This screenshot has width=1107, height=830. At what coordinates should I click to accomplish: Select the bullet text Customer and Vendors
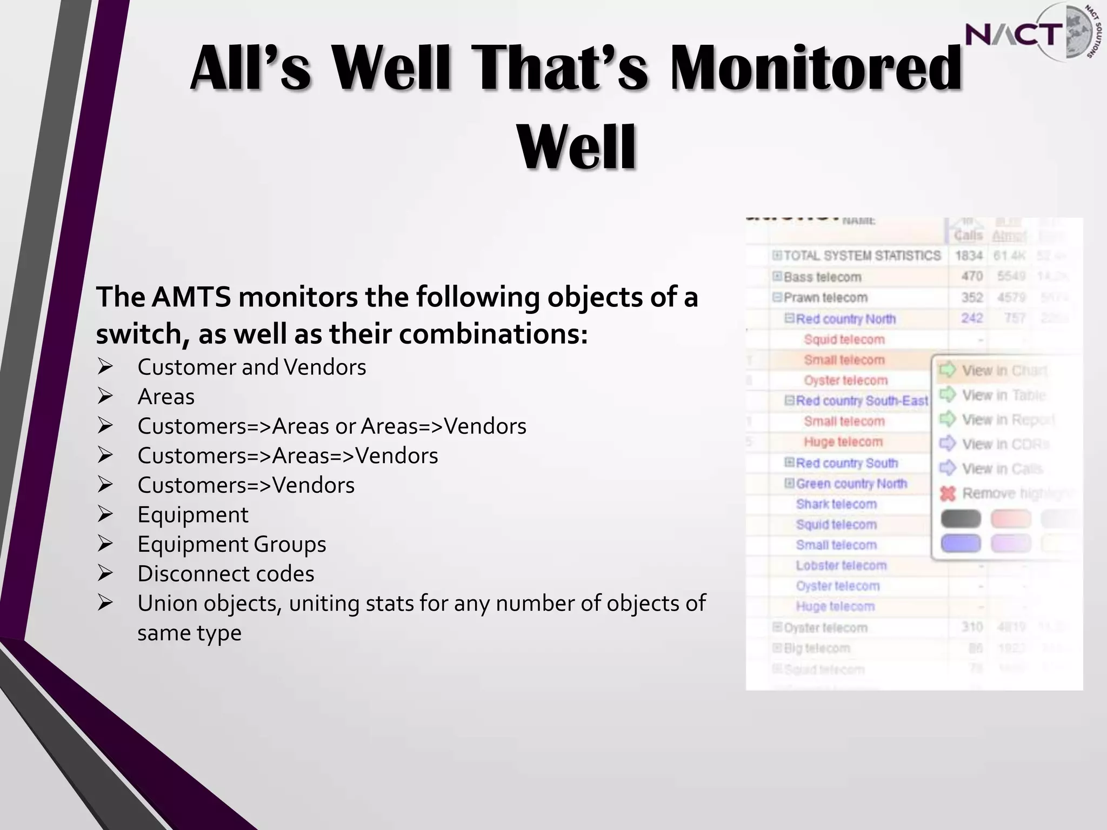[251, 367]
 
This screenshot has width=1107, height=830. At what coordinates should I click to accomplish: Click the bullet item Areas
[166, 397]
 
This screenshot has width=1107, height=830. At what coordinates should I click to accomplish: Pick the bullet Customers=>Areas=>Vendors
[288, 456]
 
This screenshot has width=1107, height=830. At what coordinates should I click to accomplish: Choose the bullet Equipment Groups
[231, 544]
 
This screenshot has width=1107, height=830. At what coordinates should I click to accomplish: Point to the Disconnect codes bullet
[225, 574]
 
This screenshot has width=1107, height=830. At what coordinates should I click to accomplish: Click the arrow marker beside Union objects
[105, 603]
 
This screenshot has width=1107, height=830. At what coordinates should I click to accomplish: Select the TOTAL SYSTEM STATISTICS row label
[862, 256]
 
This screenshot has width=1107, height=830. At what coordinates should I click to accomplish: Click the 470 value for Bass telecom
[971, 276]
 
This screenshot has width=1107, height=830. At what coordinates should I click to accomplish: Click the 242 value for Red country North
[971, 318]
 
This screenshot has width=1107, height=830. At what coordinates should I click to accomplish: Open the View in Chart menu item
[1004, 371]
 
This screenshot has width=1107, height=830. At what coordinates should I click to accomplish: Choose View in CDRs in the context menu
[1005, 444]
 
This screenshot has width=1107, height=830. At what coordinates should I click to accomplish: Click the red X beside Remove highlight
[948, 493]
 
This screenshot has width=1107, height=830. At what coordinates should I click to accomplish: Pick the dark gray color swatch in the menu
[961, 519]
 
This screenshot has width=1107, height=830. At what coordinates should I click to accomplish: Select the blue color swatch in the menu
[961, 543]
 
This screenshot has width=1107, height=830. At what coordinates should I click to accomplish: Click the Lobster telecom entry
[841, 566]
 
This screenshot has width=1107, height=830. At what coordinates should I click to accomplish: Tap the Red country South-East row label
[862, 401]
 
